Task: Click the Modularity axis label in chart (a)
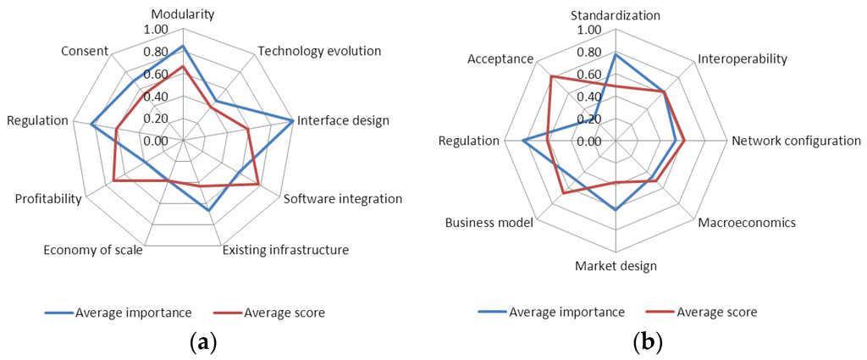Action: click(183, 14)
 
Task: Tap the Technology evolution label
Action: click(319, 51)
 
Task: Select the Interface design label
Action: click(343, 120)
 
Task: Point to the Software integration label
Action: click(343, 199)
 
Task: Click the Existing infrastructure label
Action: click(285, 250)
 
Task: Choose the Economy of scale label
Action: click(93, 250)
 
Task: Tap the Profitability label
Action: click(48, 199)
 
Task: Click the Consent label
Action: click(85, 51)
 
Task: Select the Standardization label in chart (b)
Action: click(616, 14)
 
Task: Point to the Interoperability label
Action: click(743, 59)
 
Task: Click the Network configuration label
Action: click(797, 141)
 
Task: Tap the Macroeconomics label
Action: click(747, 223)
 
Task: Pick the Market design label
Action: click(616, 266)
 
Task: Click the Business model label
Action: click(489, 223)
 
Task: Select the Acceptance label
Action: click(500, 59)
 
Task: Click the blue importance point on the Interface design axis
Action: click(293, 121)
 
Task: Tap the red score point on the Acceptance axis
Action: click(551, 77)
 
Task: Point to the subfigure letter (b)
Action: click(648, 343)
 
